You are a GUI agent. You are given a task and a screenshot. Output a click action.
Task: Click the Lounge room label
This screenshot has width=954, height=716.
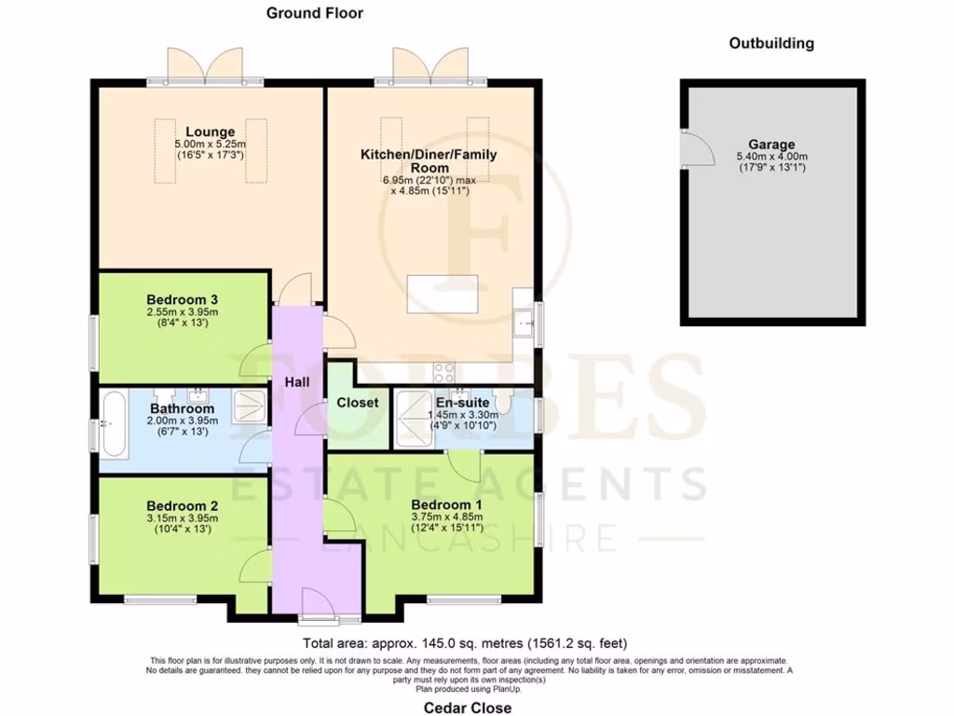tap(210, 131)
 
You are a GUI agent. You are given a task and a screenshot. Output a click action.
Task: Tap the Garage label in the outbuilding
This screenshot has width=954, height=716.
tap(771, 145)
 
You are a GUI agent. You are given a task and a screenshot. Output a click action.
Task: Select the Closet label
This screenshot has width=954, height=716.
tap(358, 402)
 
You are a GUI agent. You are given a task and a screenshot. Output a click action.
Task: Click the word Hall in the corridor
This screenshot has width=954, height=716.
tap(297, 381)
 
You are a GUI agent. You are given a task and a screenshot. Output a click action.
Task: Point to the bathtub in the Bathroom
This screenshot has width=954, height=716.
tap(114, 424)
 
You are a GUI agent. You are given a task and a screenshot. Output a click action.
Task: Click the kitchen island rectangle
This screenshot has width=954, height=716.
tap(443, 296)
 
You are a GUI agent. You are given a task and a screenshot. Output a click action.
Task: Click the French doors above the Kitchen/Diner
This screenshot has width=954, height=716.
tap(431, 67)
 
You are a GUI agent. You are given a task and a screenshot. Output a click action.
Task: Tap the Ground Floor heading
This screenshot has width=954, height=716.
tap(314, 13)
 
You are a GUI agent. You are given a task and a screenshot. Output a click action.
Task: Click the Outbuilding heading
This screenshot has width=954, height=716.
tap(771, 43)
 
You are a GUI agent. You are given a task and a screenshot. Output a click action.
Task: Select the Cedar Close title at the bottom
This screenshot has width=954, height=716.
tap(462, 708)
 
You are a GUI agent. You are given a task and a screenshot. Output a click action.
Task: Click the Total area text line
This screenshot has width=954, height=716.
tap(465, 643)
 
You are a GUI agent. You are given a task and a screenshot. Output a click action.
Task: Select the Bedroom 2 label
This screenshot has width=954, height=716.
tap(183, 506)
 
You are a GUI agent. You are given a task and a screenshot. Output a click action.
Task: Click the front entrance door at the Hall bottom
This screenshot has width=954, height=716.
tap(319, 616)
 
